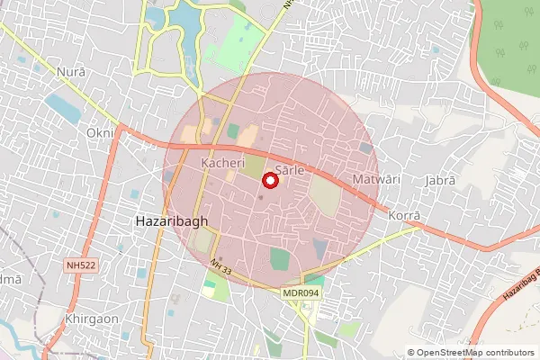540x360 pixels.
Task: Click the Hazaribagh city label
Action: [166, 220]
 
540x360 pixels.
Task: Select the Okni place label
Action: [101, 133]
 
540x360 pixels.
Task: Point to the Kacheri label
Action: [222, 163]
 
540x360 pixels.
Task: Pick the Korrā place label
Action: [404, 216]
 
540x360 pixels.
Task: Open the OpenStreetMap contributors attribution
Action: [474, 353]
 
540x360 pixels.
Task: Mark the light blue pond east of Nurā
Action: [63, 107]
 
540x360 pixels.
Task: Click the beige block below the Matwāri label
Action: [326, 196]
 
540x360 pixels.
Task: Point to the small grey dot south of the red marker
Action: [262, 197]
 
